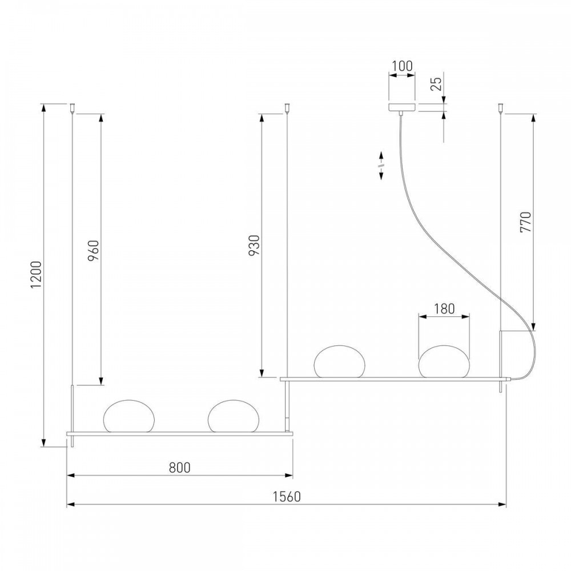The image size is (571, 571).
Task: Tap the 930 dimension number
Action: pyautogui.click(x=255, y=245)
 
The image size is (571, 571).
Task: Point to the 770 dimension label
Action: pyautogui.click(x=526, y=222)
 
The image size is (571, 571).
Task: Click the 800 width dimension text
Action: pyautogui.click(x=180, y=467)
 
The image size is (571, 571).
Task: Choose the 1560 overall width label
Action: pyautogui.click(x=287, y=496)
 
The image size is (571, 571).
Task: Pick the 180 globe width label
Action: pyautogui.click(x=444, y=309)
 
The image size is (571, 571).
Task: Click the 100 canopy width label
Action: pyautogui.click(x=402, y=66)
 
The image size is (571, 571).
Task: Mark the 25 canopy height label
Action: pyautogui.click(x=437, y=83)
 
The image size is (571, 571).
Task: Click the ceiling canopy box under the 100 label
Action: pyautogui.click(x=402, y=107)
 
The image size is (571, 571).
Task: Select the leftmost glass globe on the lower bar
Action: pyautogui.click(x=129, y=416)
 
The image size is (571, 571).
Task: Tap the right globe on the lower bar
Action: pyautogui.click(x=234, y=416)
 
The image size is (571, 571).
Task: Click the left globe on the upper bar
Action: pyautogui.click(x=339, y=361)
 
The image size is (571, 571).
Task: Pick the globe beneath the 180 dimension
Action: pyautogui.click(x=444, y=361)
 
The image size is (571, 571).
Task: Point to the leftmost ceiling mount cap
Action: pyautogui.click(x=73, y=108)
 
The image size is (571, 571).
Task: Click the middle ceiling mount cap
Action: pyautogui.click(x=288, y=108)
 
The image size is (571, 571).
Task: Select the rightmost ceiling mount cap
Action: pyautogui.click(x=501, y=108)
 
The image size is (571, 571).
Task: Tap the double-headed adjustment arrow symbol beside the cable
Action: pyautogui.click(x=381, y=166)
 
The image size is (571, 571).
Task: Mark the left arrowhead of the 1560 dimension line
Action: pyautogui.click(x=71, y=504)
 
